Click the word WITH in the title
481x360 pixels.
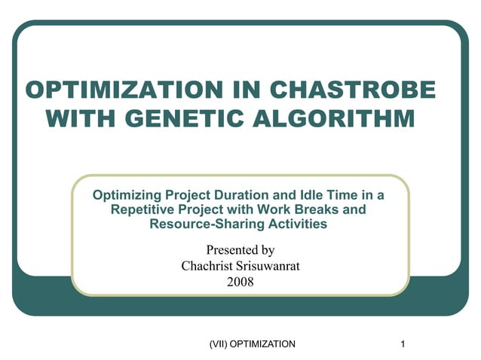pyautogui.click(x=75, y=119)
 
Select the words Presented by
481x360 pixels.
pyautogui.click(x=240, y=249)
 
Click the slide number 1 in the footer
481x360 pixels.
pyautogui.click(x=404, y=344)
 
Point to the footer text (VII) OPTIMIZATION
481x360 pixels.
pyautogui.click(x=252, y=344)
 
